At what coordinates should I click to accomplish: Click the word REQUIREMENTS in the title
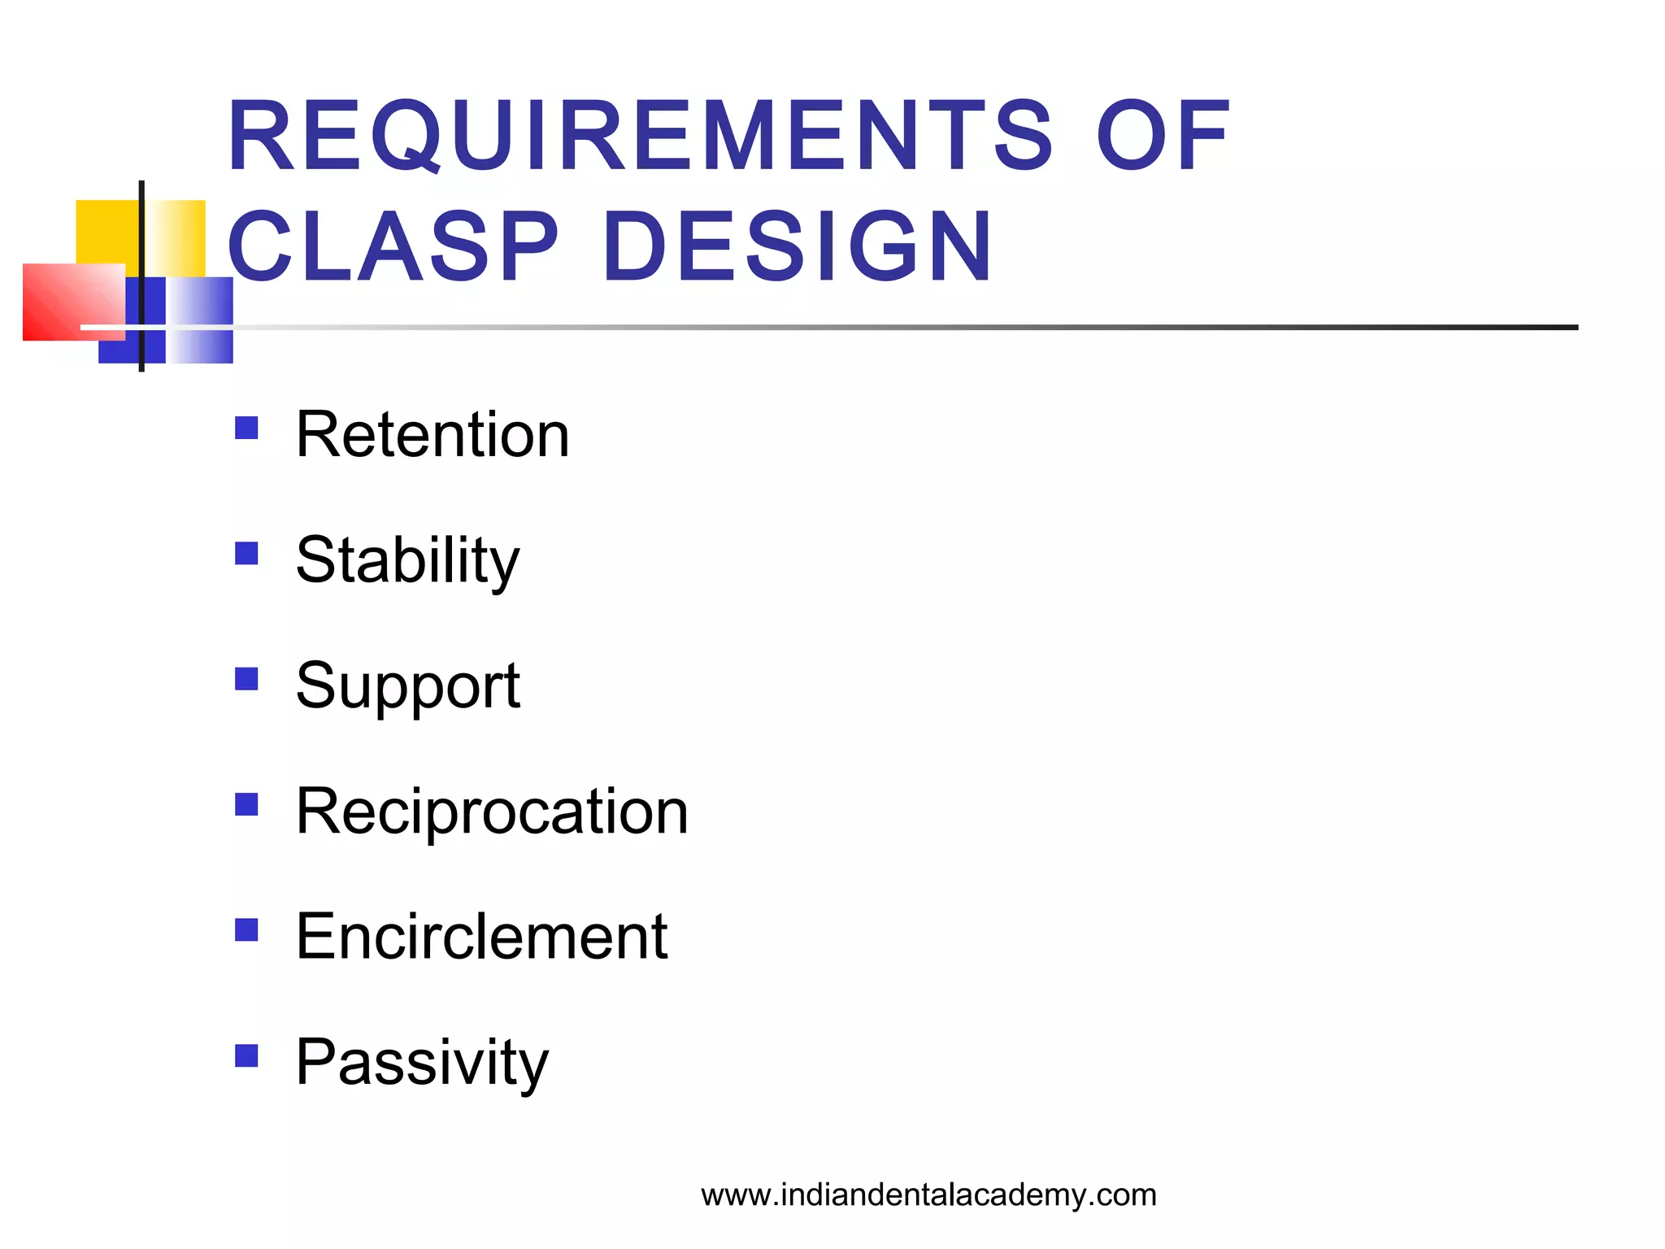pos(641,135)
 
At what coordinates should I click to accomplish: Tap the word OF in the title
pos(1163,135)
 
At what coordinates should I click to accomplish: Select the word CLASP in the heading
pos(393,246)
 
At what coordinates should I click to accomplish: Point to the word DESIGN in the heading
pos(798,246)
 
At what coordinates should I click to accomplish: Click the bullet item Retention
pos(433,434)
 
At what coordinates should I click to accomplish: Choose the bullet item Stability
pos(407,560)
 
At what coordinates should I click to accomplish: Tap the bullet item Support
pos(407,685)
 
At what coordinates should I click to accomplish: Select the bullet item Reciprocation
pos(492,811)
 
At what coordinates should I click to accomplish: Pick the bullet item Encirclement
pos(481,936)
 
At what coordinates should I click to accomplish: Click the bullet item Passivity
pos(422,1062)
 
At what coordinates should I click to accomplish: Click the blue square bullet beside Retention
pos(246,428)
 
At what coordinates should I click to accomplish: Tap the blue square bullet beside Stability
pos(246,554)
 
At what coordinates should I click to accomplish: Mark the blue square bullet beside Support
pos(246,679)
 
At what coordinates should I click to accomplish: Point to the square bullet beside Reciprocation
pos(246,804)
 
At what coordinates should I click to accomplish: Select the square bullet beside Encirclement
pos(246,929)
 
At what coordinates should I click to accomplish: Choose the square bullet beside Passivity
pos(246,1055)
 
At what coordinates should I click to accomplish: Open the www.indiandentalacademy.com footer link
pos(928,1195)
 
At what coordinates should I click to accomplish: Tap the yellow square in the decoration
pos(106,231)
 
